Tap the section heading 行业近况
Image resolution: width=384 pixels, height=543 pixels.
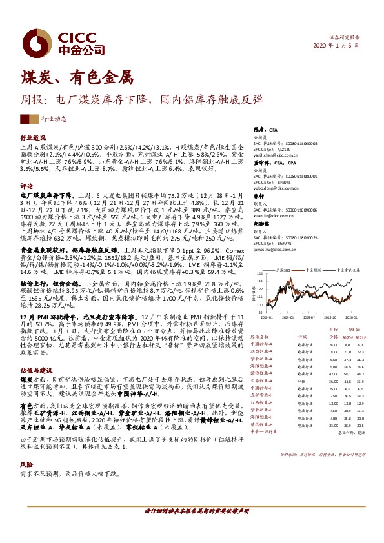33,138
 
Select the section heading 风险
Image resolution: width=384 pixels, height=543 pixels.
26,464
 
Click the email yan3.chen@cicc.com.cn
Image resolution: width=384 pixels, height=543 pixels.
273,155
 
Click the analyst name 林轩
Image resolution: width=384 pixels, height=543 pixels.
258,195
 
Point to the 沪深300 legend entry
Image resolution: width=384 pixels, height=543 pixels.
288,255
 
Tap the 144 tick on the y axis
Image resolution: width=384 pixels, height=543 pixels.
259,262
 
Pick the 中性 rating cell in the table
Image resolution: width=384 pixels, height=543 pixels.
301,381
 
